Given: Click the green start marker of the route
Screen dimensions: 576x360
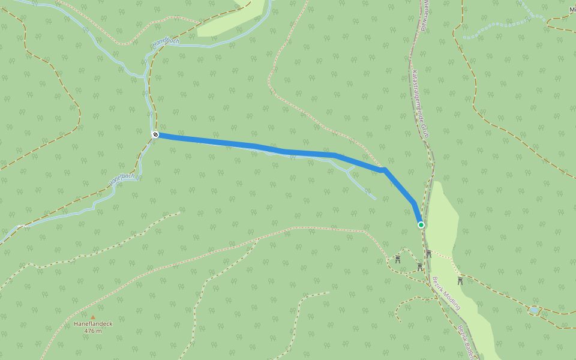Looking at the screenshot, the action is (x=421, y=225).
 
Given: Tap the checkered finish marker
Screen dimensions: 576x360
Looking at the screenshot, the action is (x=155, y=135).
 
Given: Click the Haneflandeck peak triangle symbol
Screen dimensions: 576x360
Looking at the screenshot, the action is (x=93, y=317).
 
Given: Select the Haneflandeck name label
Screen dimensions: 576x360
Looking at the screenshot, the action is (x=93, y=324).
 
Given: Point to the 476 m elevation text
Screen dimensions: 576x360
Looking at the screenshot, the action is (x=93, y=331).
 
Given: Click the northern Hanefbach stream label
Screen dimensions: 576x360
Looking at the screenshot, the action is (x=166, y=43).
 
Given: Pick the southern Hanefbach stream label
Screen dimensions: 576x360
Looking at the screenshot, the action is (x=122, y=178).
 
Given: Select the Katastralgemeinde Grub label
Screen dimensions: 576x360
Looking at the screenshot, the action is (x=420, y=103).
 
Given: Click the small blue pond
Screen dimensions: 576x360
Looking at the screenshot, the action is (x=533, y=310).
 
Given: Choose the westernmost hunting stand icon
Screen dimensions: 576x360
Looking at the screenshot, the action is (x=398, y=259).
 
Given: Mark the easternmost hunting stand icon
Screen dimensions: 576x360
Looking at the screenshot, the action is (x=460, y=280).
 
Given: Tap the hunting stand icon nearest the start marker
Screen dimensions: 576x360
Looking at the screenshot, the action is (x=428, y=254).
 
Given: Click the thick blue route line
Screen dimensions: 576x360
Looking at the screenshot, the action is (x=240, y=144).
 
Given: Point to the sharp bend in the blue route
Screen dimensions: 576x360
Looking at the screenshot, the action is (x=384, y=170).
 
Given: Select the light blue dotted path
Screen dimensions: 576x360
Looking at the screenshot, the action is (x=498, y=26).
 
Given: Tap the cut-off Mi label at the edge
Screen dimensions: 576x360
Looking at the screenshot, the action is (x=572, y=10).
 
